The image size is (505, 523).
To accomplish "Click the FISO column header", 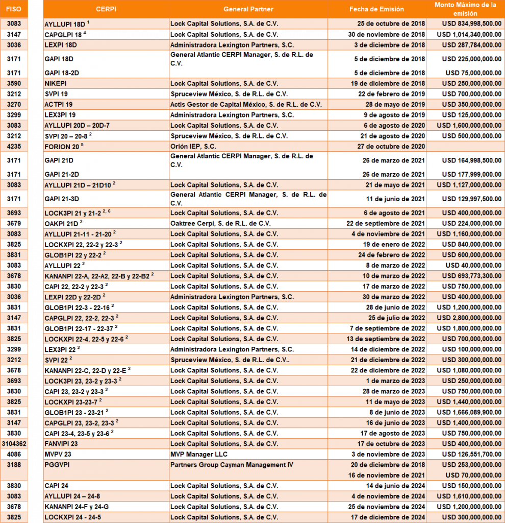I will coord(14,9).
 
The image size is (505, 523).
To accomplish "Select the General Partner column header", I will coord(248,9).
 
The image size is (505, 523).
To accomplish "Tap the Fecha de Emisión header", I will coord(376,9).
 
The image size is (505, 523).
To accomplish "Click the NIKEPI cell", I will coord(56,83).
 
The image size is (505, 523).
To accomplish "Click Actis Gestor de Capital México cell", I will coord(246,104).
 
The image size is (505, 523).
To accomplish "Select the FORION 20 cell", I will coord(62,146).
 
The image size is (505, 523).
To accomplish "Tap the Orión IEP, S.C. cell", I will coord(194,146).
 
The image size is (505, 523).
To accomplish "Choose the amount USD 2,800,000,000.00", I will coord(471,318).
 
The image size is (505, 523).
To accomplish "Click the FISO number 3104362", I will coord(14,444).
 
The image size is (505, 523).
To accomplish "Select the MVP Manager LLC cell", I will coord(199,454).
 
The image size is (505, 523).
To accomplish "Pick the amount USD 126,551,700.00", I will coord(471,454).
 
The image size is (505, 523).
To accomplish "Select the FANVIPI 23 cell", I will coord(61,444).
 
